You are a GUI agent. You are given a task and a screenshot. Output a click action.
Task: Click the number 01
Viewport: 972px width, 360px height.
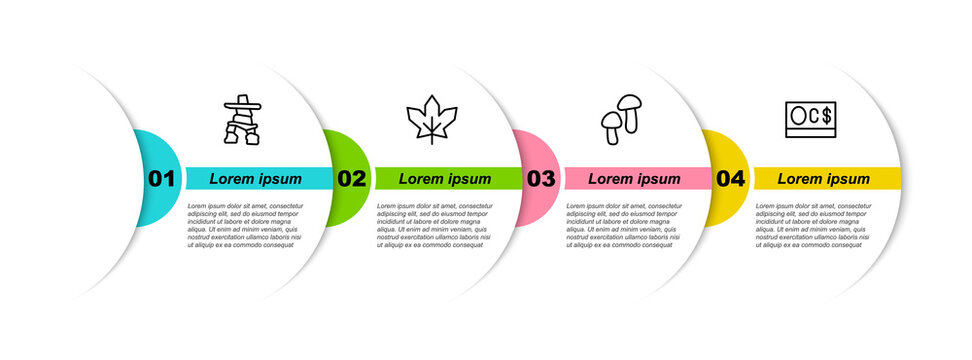click(162, 179)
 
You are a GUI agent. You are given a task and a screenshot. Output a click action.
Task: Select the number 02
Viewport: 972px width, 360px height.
click(351, 179)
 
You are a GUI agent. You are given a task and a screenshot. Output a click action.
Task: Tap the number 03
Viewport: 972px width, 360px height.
click(541, 179)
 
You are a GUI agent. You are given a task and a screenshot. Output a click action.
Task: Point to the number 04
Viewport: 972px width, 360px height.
click(731, 179)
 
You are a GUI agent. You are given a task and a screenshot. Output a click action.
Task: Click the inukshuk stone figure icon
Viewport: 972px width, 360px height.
click(241, 120)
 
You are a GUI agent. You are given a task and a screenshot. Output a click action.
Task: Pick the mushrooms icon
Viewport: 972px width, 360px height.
click(621, 120)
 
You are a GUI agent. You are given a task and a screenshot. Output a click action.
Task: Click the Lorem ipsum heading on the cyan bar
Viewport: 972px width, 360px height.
click(255, 179)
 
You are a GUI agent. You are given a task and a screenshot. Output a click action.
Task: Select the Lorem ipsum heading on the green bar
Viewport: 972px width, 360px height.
click(445, 179)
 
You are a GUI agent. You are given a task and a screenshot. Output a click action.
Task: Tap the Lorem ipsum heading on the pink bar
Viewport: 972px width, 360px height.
click(634, 179)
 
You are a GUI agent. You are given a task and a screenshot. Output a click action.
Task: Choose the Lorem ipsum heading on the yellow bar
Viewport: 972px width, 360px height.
click(824, 179)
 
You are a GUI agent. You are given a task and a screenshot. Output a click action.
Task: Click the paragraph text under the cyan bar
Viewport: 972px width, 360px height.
click(244, 225)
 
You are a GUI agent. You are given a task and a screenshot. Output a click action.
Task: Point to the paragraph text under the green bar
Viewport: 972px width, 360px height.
click(434, 225)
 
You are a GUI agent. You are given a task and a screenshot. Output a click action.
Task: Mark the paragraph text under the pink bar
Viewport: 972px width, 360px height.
click(623, 225)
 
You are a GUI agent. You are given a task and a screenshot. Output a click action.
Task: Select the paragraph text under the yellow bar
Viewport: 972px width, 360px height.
click(813, 225)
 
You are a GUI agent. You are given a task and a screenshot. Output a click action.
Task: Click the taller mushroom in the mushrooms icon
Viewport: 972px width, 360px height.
click(629, 110)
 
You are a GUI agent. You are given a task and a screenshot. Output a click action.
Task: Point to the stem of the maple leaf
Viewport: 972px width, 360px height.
click(431, 138)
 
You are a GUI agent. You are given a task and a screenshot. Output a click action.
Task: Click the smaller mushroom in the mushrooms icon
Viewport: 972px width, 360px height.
click(610, 127)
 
